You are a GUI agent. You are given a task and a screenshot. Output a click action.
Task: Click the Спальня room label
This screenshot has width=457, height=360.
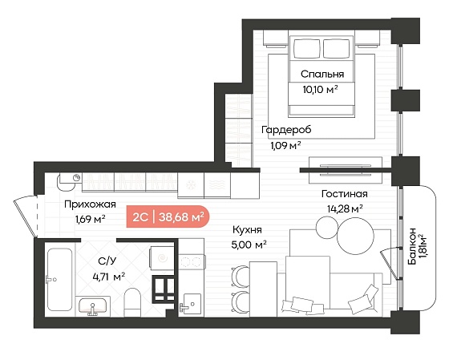pyautogui.click(x=322, y=74)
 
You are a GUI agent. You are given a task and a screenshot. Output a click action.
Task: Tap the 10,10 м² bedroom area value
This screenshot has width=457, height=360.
pyautogui.click(x=320, y=89)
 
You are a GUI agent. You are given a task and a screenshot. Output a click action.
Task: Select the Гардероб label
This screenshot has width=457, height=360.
pyautogui.click(x=286, y=130)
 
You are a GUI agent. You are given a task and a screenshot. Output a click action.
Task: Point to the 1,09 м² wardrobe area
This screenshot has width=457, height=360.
pyautogui.click(x=285, y=145)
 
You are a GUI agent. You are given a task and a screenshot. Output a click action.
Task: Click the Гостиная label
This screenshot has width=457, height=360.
pyautogui.click(x=345, y=194)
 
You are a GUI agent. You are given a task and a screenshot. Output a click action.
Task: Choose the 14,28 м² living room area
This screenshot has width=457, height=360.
pyautogui.click(x=345, y=208)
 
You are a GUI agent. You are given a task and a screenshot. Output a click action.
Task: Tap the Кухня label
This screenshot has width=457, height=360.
pyautogui.click(x=247, y=229)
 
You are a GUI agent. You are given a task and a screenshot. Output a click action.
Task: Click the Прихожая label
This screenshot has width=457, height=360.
pyautogui.click(x=90, y=204)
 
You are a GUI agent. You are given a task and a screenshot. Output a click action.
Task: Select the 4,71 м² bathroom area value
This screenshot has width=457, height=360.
pyautogui.click(x=109, y=277)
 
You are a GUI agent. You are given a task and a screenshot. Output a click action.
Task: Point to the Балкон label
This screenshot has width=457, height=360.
pyautogui.click(x=412, y=246)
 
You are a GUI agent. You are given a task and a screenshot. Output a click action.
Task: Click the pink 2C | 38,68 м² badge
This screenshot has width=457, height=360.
pyautogui.click(x=168, y=216)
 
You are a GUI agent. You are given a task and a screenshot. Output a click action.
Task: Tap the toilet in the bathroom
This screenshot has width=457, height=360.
pyautogui.click(x=132, y=302)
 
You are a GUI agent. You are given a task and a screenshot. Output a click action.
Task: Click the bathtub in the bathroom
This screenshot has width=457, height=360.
pyautogui.click(x=59, y=279)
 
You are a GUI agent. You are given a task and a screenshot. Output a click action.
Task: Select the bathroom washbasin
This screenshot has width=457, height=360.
pyautogui.click(x=93, y=306)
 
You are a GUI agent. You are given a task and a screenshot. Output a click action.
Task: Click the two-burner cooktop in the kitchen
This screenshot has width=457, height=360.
pyautogui.click(x=192, y=262)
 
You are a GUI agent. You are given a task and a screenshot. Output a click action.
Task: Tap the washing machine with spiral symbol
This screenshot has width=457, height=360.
pyautogui.click(x=162, y=258)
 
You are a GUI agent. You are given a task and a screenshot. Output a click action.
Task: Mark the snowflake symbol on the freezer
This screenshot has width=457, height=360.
pyautogui.click(x=191, y=184)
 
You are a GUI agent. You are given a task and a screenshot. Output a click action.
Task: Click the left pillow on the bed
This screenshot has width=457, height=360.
pyautogui.click(x=306, y=48)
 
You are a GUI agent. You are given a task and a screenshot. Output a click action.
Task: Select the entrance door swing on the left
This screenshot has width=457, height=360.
pyautogui.click(x=26, y=216)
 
